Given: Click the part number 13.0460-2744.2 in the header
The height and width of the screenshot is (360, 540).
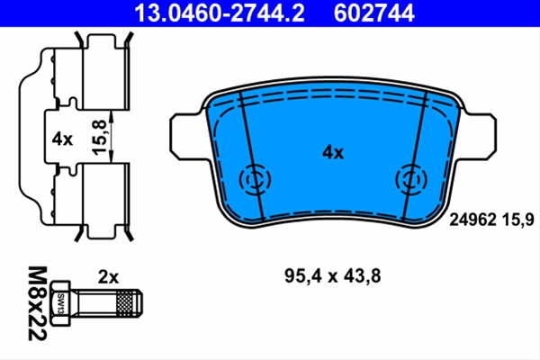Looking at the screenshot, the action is (x=220, y=13).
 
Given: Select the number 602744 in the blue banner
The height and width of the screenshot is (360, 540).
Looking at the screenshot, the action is (x=373, y=13).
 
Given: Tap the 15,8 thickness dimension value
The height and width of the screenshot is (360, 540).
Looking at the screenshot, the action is (x=99, y=137).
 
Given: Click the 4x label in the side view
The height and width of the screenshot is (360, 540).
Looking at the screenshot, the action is (x=62, y=139).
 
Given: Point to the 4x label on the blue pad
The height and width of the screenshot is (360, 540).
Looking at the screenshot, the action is (x=333, y=153).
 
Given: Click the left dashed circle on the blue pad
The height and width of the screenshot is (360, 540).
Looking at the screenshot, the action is (x=255, y=179).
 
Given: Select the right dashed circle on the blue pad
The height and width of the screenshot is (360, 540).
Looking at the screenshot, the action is (x=411, y=179).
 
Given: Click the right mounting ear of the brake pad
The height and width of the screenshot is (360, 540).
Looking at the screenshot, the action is (x=481, y=137).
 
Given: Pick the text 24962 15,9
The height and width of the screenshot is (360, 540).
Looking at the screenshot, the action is (x=491, y=220).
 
